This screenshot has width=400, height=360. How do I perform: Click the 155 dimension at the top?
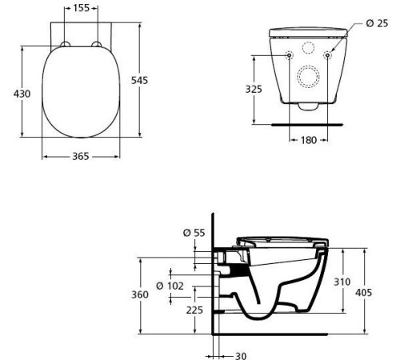click(81, 8)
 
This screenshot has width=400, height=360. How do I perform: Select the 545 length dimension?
click(139, 80)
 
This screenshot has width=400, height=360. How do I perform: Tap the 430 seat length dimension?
click(22, 94)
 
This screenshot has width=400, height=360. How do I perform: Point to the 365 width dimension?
click(81, 156)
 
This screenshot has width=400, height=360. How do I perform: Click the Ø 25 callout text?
click(377, 23)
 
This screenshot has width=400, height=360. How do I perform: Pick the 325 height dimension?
click(254, 89)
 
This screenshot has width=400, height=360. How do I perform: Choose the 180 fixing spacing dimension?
click(309, 140)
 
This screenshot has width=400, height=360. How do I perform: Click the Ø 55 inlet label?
click(194, 233)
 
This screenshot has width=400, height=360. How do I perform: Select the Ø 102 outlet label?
click(170, 286)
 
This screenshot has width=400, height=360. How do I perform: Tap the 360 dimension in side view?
click(140, 294)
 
